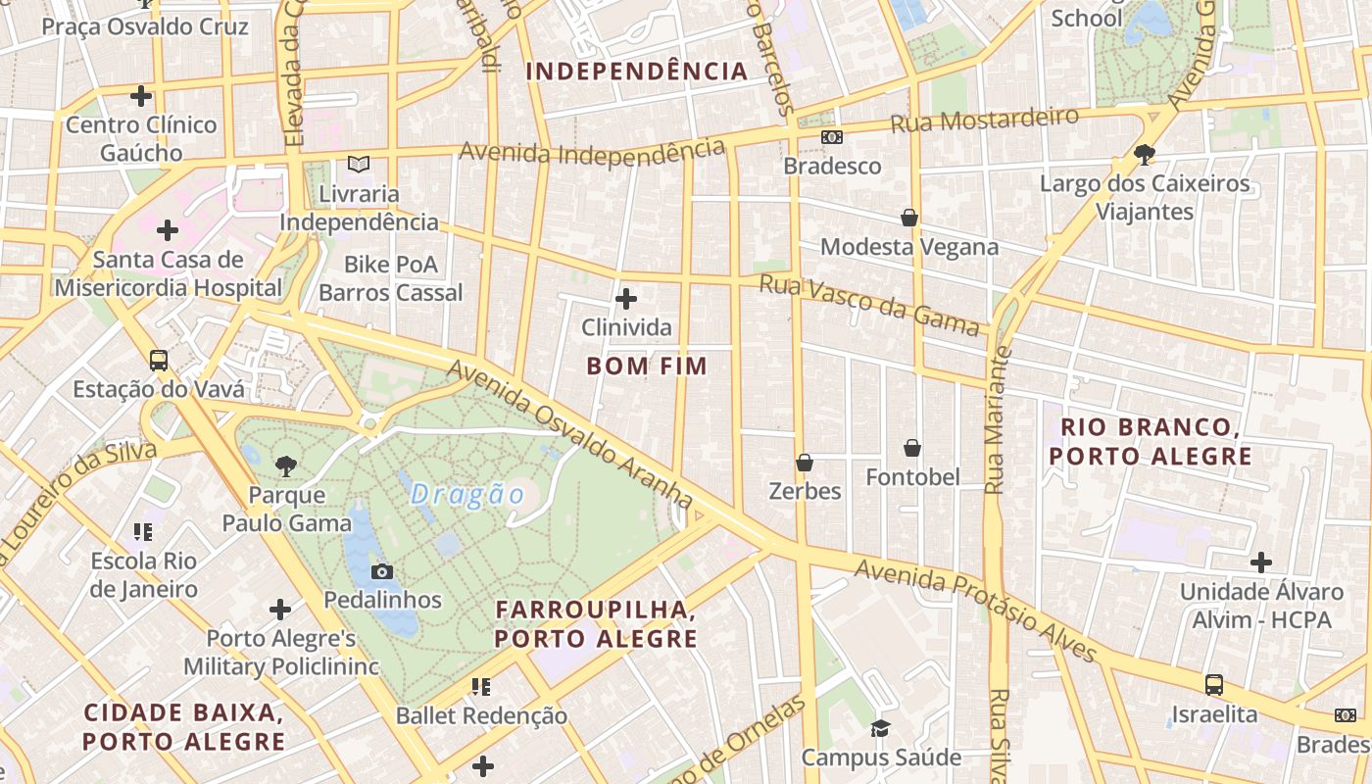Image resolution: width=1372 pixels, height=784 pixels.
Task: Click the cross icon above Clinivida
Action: [x=626, y=298]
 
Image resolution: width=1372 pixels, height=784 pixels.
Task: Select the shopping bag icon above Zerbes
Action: [x=805, y=462]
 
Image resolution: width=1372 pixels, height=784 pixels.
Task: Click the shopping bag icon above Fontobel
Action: [x=912, y=448]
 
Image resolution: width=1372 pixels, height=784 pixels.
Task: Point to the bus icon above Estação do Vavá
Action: [x=158, y=360]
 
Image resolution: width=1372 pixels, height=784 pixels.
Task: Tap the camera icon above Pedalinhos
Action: [x=382, y=571]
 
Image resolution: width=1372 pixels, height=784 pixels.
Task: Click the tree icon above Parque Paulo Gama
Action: [x=285, y=465]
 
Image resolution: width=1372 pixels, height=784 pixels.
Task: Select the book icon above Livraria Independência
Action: [x=359, y=165]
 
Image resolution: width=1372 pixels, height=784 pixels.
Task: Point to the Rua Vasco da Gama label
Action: [x=870, y=306]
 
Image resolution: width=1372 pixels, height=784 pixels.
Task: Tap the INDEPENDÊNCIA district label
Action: [x=637, y=72]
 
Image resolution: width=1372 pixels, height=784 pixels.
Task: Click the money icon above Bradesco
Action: [x=831, y=137]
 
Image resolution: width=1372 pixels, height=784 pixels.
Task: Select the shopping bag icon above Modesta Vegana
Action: [x=908, y=218]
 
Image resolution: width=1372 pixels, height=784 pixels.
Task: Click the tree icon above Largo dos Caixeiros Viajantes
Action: [x=1144, y=155]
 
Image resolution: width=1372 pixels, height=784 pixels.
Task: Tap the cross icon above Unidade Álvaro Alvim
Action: [x=1261, y=563]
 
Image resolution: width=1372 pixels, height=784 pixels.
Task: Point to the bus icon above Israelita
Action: [x=1213, y=685]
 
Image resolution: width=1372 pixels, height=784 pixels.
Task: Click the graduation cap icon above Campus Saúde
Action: [x=880, y=728]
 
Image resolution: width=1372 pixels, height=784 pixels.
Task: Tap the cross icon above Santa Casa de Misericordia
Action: [x=168, y=230]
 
